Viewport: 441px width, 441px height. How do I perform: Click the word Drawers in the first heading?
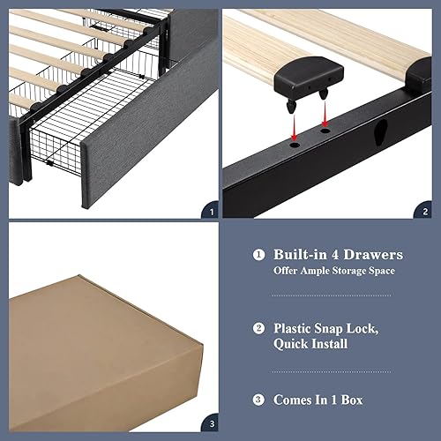click(x=371, y=255)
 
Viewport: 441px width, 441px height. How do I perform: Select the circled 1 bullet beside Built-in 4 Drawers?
click(x=258, y=255)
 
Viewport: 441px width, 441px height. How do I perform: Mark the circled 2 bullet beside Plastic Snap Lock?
click(x=258, y=328)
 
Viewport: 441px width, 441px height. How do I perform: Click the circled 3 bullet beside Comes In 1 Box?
click(x=258, y=400)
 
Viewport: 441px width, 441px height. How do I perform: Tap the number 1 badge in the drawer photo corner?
click(x=208, y=210)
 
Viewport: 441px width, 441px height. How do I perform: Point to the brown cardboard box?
click(x=97, y=348)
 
